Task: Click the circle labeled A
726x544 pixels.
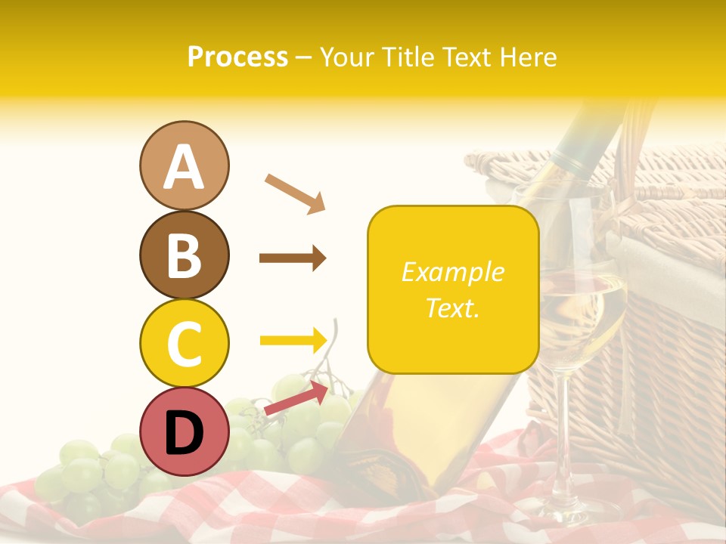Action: (x=184, y=165)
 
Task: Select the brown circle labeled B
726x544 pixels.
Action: (x=184, y=255)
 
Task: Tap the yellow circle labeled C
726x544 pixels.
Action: (x=184, y=343)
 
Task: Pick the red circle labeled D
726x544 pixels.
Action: (x=184, y=433)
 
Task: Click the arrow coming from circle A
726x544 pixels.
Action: (x=295, y=193)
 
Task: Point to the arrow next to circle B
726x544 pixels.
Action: (x=293, y=258)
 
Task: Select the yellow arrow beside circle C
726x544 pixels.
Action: (x=293, y=340)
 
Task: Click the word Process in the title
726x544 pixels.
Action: (x=237, y=57)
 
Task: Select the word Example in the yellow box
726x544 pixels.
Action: (x=452, y=272)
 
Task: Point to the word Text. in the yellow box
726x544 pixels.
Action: (x=452, y=308)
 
